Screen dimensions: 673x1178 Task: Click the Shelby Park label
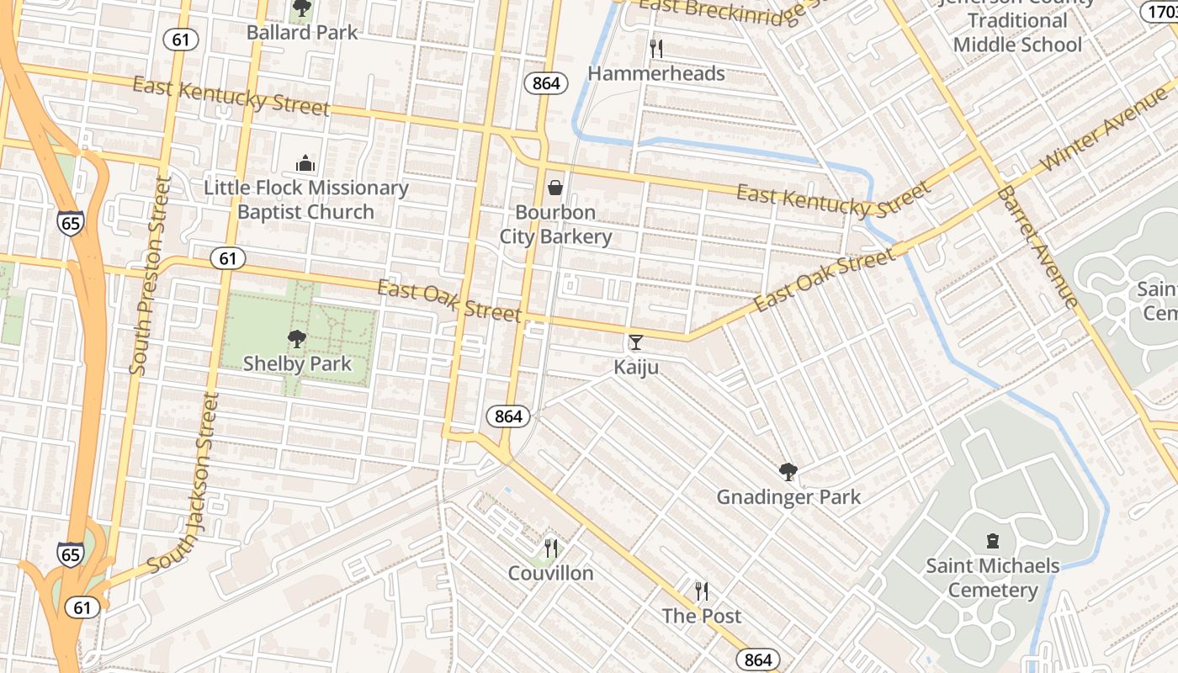[x=297, y=363]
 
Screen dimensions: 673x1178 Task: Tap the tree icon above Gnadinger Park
[x=788, y=472]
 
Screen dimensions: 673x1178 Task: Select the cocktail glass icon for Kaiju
[x=635, y=342]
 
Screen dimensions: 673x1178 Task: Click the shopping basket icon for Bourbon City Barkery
[x=555, y=187]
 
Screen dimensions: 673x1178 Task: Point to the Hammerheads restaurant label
[x=655, y=73]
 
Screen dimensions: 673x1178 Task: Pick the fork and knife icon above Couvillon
[x=551, y=548]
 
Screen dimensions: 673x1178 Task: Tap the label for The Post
[x=702, y=616]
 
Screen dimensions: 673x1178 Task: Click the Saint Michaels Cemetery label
[x=993, y=577]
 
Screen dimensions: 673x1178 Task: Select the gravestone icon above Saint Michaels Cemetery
[x=993, y=541]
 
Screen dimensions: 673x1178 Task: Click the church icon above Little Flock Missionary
[x=305, y=162]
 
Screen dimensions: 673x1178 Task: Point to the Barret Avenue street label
[x=1037, y=247]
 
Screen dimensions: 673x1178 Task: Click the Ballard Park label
[x=302, y=33]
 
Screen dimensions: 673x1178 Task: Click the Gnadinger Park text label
[x=788, y=497]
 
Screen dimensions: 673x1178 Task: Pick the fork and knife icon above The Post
[x=702, y=591]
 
